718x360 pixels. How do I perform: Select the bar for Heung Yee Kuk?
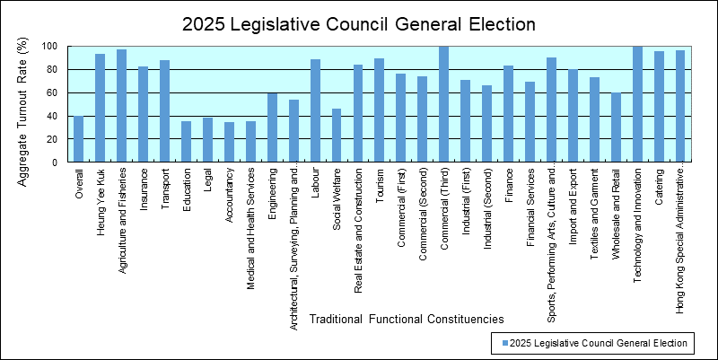coord(101,108)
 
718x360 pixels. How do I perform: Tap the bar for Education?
coord(187,142)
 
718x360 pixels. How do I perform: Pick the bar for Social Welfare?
coord(337,136)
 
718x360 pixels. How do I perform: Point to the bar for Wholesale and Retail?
coord(616,127)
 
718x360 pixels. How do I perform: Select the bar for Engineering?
coord(272,127)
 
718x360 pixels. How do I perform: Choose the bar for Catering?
coord(659,107)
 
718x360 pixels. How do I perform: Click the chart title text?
coord(359,24)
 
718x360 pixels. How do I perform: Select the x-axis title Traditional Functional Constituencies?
coord(406,319)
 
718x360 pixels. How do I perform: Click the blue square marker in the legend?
coord(505,343)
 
